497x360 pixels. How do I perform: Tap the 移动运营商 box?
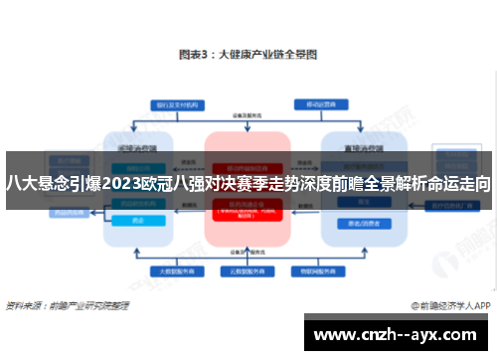321,103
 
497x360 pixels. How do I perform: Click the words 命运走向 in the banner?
458,183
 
